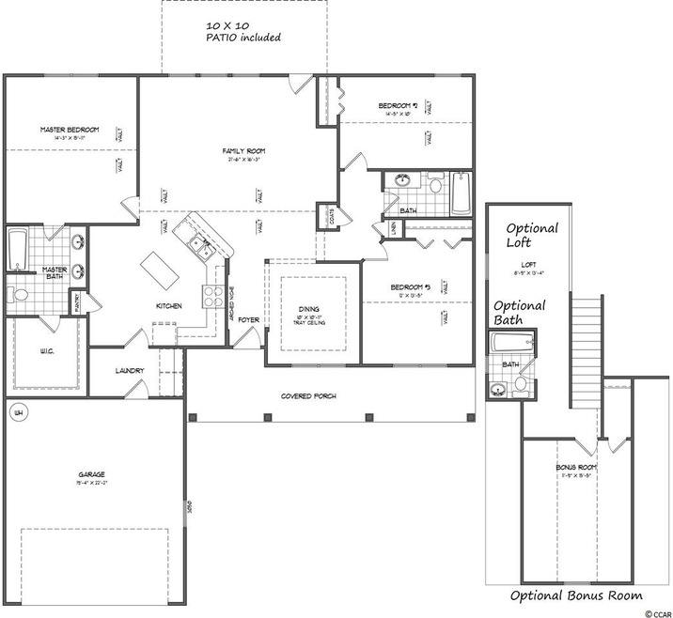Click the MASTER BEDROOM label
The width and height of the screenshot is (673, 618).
coord(64,129)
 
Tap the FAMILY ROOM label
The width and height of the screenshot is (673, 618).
coord(244,151)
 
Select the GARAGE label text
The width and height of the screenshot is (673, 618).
coord(91,475)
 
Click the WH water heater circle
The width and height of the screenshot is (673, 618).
coord(16,410)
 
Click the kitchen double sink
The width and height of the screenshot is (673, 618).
coord(201,246)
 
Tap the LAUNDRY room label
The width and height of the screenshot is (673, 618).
coord(130,371)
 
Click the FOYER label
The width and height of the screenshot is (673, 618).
coord(248,320)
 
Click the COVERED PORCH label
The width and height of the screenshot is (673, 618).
coord(308,396)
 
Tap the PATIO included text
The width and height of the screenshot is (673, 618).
coord(243,38)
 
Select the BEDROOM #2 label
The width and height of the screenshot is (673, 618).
coord(398,105)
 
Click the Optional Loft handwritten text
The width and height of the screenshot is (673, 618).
coord(532,235)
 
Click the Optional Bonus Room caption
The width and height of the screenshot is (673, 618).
coord(576,595)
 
